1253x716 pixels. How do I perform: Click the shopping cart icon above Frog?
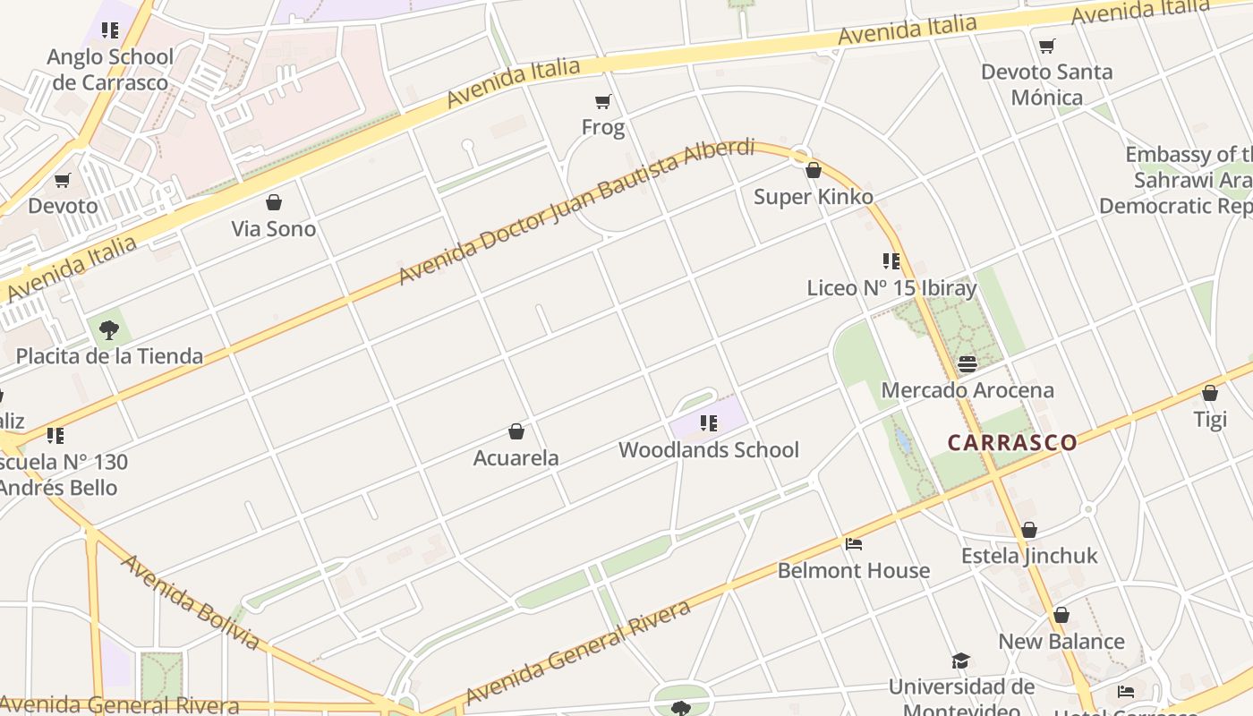pyautogui.click(x=603, y=102)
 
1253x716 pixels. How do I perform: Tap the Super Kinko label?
pyautogui.click(x=813, y=197)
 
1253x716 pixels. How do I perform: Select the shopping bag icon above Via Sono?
pyautogui.click(x=274, y=203)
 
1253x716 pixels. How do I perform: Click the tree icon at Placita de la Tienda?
pyautogui.click(x=109, y=330)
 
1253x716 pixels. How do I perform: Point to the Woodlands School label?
pyautogui.click(x=708, y=449)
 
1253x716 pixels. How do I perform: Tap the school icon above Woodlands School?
pyautogui.click(x=709, y=423)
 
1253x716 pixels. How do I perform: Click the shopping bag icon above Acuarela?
pyautogui.click(x=516, y=432)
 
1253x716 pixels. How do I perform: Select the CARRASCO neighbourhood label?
pyautogui.click(x=1012, y=442)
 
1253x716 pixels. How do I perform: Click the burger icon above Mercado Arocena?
pyautogui.click(x=967, y=364)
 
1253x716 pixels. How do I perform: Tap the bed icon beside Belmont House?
pyautogui.click(x=854, y=544)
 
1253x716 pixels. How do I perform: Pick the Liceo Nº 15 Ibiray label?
pyautogui.click(x=891, y=288)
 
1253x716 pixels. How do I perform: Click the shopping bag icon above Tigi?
pyautogui.click(x=1210, y=393)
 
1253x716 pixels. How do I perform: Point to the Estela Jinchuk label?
pyautogui.click(x=1029, y=556)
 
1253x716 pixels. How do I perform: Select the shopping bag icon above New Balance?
pyautogui.click(x=1061, y=616)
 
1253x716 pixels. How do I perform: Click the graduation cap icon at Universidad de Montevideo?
pyautogui.click(x=961, y=661)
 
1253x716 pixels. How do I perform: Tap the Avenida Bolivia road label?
pyautogui.click(x=190, y=602)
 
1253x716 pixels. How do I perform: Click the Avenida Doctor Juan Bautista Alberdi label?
pyautogui.click(x=576, y=211)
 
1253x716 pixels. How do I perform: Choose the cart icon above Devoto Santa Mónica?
pyautogui.click(x=1047, y=46)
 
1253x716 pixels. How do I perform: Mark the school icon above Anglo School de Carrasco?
pyautogui.click(x=110, y=31)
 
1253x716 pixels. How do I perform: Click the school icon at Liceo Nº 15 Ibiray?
pyautogui.click(x=891, y=261)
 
